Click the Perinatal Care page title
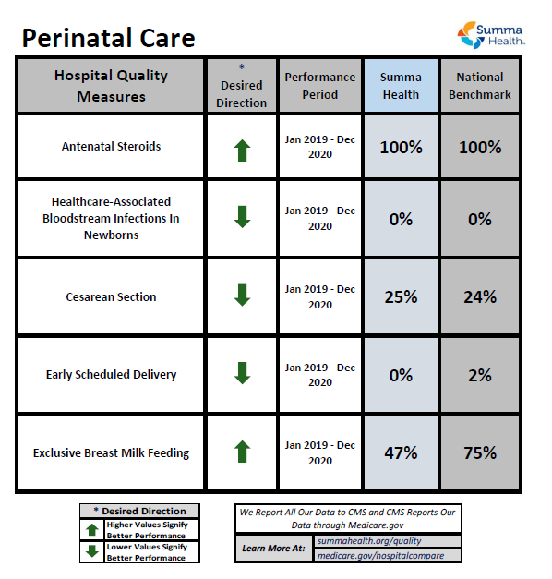[108, 38]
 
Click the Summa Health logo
[493, 34]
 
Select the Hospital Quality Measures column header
[111, 86]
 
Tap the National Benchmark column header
[480, 86]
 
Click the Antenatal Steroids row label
[111, 147]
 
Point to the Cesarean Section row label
[111, 297]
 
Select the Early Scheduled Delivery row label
[111, 375]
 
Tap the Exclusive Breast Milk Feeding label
[111, 452]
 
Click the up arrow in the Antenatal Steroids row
[242, 150]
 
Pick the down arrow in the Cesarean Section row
[242, 296]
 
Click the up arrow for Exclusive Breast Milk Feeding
[242, 452]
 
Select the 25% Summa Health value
[402, 297]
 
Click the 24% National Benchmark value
[480, 297]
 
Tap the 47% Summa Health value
[402, 452]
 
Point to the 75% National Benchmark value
[480, 452]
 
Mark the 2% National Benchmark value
[480, 375]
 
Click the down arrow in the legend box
[91, 551]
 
